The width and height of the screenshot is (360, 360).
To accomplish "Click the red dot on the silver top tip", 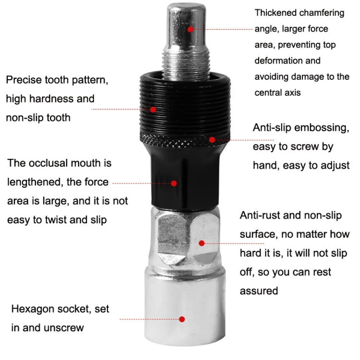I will coord(190,29).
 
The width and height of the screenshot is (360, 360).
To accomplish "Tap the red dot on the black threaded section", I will coord(153,109).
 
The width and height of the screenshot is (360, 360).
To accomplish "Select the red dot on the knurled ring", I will coord(212,140).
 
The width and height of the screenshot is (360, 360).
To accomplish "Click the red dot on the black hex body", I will coord(174,183).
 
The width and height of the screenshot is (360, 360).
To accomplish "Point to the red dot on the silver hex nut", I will coord(202,243).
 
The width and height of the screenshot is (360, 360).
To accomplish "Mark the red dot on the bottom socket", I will coord(182,319).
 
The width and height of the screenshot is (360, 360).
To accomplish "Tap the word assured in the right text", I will coord(259,290).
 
